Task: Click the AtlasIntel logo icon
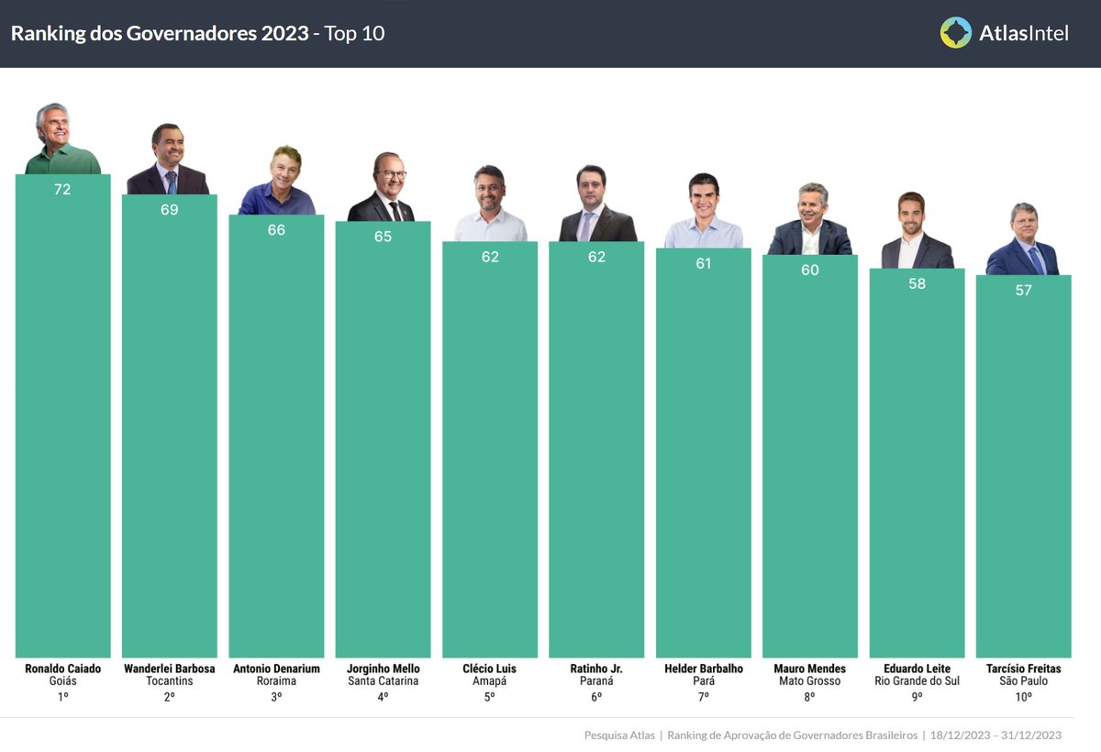[x=955, y=33]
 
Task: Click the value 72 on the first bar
[x=62, y=190]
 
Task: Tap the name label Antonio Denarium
[x=276, y=669]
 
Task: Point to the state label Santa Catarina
[x=383, y=681]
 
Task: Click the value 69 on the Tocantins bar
[x=170, y=210]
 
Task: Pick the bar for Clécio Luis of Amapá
[x=490, y=449]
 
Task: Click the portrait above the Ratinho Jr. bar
[x=597, y=205]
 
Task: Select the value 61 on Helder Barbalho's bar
[x=704, y=264]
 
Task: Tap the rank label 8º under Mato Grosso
[x=810, y=697]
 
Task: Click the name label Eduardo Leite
[x=917, y=669]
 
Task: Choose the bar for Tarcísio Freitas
[x=1023, y=468]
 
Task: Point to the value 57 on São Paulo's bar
[x=1023, y=291]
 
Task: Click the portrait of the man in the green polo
[x=62, y=140]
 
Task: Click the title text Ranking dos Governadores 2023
[x=159, y=34]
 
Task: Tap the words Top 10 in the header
[x=354, y=34]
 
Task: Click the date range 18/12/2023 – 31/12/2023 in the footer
[x=995, y=735]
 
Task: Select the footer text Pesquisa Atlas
[x=618, y=735]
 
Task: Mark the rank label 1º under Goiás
[x=62, y=697]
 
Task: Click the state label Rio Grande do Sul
[x=917, y=681]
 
